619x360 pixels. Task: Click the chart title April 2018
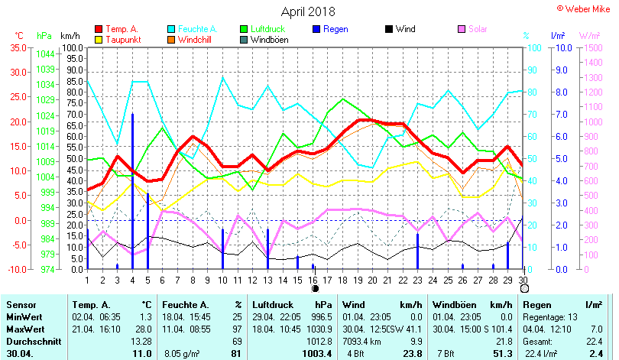(308, 11)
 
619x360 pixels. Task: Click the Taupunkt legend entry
(122, 40)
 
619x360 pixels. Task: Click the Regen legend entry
(336, 29)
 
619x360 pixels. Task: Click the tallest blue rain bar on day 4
(132, 191)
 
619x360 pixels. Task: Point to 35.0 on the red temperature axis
(16, 47)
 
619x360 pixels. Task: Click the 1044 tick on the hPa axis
(45, 54)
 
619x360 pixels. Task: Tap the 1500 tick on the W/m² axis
(591, 47)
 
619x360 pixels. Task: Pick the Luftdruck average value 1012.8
(318, 341)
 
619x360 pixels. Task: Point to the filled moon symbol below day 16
(315, 289)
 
